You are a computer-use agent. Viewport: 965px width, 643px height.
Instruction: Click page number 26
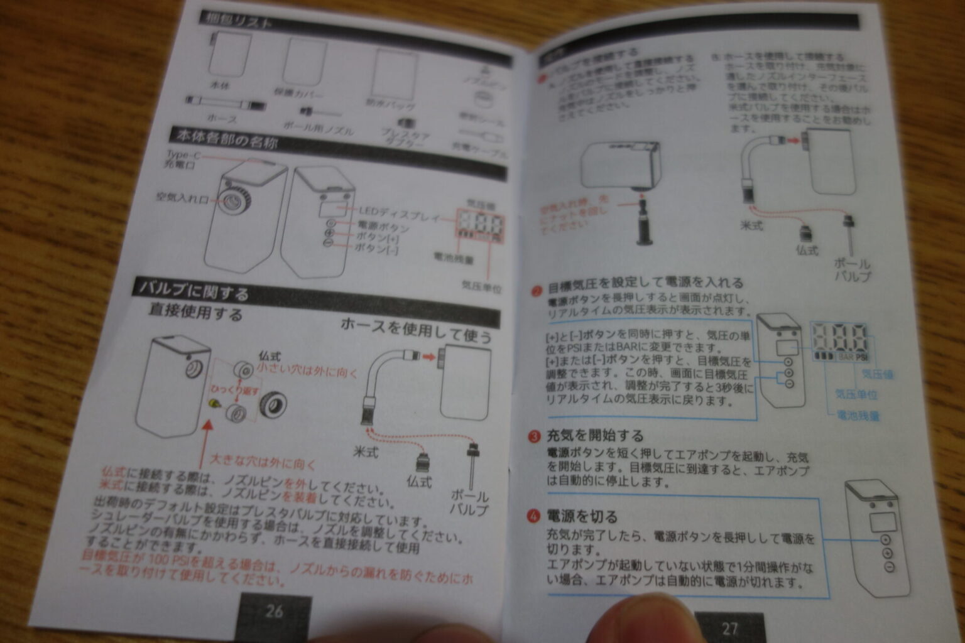click(275, 611)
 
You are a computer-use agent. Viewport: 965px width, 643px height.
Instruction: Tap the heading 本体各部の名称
click(227, 139)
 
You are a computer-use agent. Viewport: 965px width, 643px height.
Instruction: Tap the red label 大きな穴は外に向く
click(262, 463)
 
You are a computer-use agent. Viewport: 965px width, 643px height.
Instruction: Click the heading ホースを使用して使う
click(416, 332)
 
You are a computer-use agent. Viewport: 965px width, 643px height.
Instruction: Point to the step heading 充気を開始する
click(594, 435)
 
